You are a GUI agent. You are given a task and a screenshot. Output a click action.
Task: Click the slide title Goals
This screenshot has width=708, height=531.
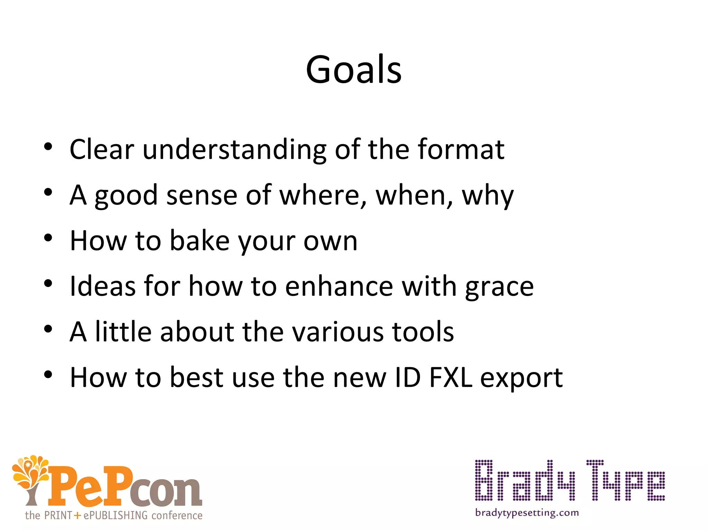(354, 70)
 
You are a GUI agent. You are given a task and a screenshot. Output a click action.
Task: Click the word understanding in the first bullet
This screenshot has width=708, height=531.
(234, 150)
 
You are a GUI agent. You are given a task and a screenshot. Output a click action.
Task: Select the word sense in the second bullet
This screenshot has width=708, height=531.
(202, 195)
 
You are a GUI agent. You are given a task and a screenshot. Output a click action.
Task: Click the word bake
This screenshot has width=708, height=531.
(200, 241)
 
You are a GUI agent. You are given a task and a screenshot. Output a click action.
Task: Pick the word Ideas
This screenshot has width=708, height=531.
(103, 286)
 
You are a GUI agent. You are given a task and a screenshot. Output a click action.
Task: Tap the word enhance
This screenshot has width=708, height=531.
(339, 286)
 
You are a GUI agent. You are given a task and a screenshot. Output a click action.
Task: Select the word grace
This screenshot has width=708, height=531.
(499, 287)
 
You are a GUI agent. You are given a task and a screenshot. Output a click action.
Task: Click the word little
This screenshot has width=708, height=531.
(123, 332)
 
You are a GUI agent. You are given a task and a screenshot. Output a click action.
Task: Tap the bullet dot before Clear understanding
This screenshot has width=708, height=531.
(48, 147)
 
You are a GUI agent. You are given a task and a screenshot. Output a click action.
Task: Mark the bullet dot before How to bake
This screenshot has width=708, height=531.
(48, 238)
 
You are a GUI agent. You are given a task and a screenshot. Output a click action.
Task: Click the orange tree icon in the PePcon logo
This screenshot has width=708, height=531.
(30, 479)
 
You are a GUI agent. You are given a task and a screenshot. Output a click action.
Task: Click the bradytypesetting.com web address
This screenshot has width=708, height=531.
(527, 513)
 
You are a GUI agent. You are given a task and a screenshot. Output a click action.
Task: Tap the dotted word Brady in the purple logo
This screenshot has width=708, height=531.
(525, 481)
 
